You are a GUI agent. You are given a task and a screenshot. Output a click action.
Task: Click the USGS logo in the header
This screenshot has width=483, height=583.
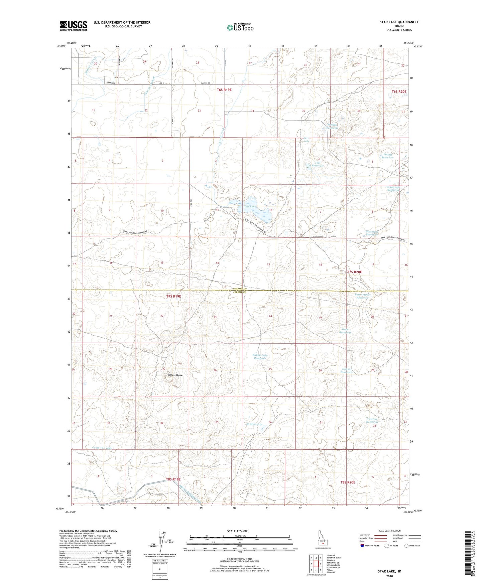tap(74, 25)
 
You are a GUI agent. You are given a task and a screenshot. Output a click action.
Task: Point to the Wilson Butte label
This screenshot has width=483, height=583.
tap(175, 375)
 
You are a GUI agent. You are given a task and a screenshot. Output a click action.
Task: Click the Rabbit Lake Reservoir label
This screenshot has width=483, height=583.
tap(260, 357)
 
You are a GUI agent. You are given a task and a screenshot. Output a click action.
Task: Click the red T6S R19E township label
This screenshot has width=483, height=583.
tap(227, 89)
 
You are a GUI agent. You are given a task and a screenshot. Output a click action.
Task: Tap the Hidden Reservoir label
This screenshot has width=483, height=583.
tap(347, 371)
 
